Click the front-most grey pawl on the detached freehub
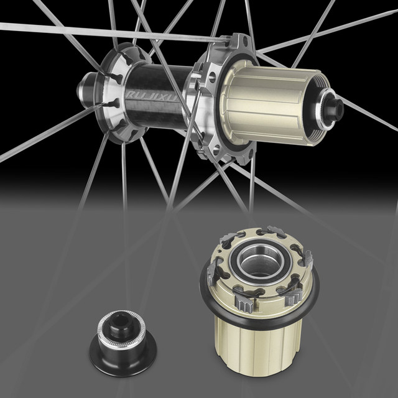pyautogui.click(x=243, y=304)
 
